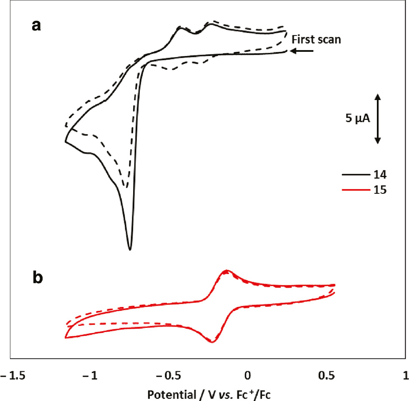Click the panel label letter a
tap(37, 26)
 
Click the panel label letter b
tap(38, 278)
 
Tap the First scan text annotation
tap(317, 40)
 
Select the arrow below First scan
tap(302, 51)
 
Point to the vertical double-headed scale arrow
tap(377, 119)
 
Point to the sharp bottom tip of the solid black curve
tap(130, 249)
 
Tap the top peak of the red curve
tap(226, 270)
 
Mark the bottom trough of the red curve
tap(212, 342)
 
